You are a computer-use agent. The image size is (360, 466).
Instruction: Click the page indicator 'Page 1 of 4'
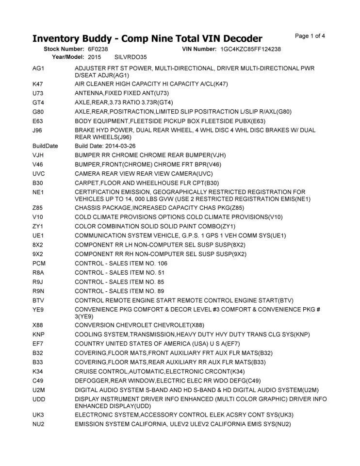[x=310, y=35]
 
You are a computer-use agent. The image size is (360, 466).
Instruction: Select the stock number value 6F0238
[x=98, y=50]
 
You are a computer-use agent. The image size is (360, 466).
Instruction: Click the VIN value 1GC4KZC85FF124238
[x=250, y=50]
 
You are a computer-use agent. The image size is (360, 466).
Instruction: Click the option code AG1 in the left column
[x=38, y=68]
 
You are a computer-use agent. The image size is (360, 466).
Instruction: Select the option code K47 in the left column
[x=38, y=84]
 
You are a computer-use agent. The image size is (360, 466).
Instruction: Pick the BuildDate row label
[x=45, y=146]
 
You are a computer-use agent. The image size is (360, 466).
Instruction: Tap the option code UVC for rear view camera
[x=39, y=173]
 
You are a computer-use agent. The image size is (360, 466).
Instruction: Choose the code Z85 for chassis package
[x=38, y=208]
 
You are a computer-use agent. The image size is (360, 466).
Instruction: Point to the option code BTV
[x=39, y=300]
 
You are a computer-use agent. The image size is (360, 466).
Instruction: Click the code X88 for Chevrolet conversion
[x=38, y=325]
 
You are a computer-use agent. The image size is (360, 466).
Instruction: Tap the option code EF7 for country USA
[x=38, y=344]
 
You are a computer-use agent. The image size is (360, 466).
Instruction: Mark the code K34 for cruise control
[x=38, y=371]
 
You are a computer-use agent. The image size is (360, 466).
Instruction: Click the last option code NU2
[x=39, y=424]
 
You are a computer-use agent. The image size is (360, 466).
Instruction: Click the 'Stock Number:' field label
[x=64, y=50]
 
